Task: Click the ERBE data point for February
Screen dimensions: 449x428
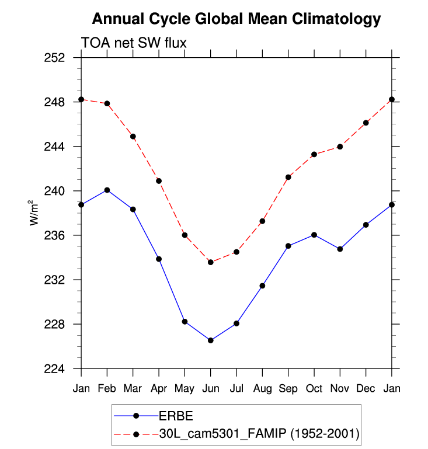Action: coord(107,190)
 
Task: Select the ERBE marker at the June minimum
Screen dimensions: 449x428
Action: coord(211,340)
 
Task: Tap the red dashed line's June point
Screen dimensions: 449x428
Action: coord(211,262)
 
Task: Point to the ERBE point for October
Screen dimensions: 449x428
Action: coord(314,235)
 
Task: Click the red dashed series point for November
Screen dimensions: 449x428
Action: coord(340,147)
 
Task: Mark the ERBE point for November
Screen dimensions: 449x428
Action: coord(340,249)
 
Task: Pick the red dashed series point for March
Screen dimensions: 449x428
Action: coord(133,137)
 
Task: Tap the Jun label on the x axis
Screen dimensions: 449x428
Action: coord(211,388)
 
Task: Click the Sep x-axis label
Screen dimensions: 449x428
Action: coord(288,388)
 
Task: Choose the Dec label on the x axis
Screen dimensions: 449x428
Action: coord(366,388)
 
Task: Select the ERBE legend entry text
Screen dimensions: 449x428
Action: coord(176,416)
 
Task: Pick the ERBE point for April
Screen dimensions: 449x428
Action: coord(159,259)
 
